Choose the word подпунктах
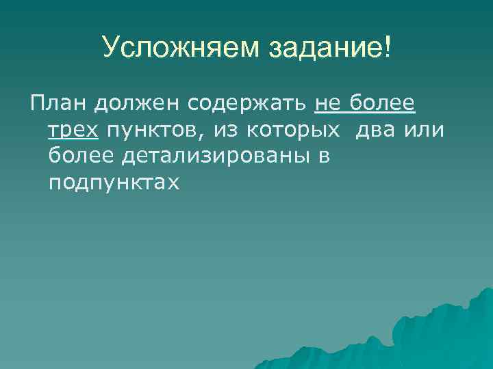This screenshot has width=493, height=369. pyautogui.click(x=113, y=182)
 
